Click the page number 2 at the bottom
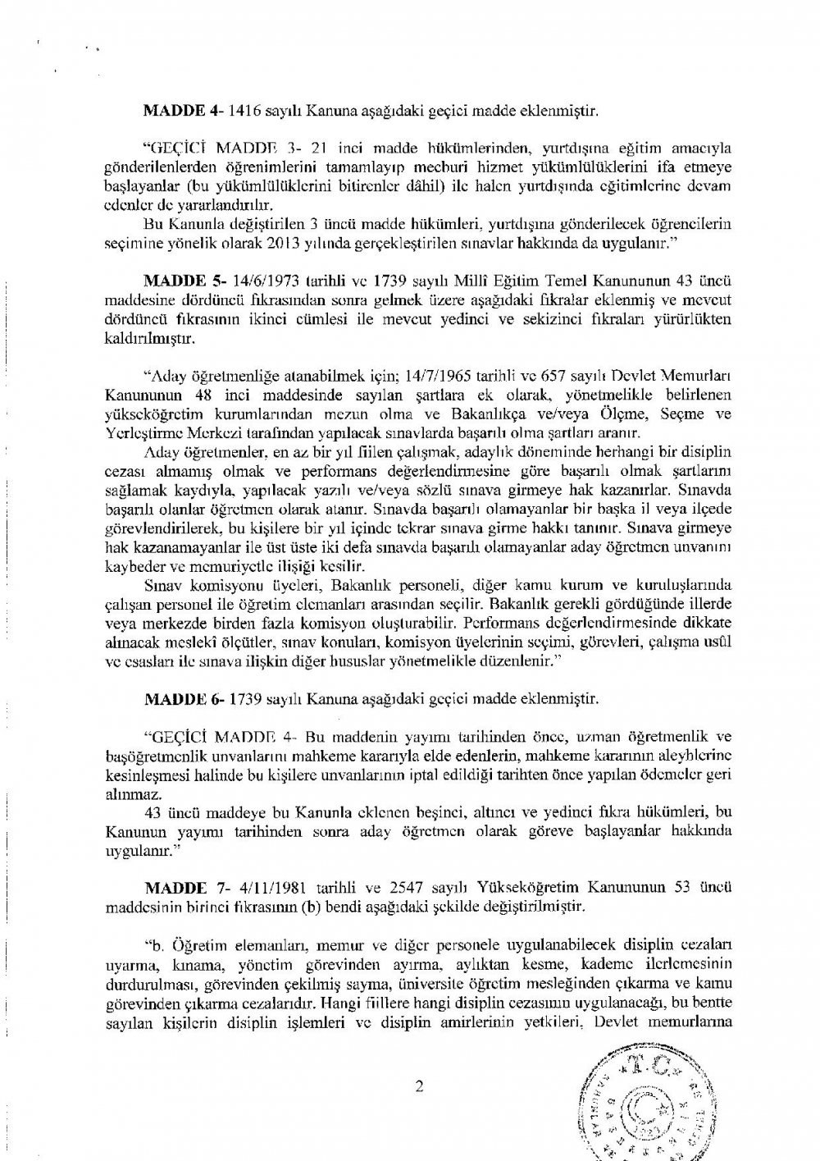tap(419, 1087)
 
